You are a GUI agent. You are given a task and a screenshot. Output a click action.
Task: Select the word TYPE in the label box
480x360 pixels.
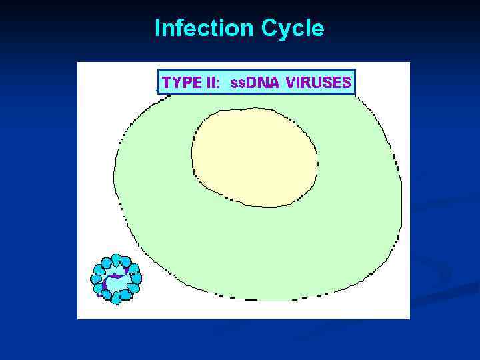pyautogui.click(x=181, y=83)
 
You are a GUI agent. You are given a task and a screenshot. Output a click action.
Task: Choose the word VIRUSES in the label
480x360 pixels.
pyautogui.click(x=318, y=83)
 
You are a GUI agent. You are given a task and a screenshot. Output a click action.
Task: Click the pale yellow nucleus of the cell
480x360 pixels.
pyautogui.click(x=254, y=157)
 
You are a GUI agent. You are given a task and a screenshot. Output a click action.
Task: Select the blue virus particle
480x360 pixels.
pyautogui.click(x=116, y=279)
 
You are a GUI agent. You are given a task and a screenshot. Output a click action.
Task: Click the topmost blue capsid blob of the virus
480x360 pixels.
pyautogui.click(x=117, y=259)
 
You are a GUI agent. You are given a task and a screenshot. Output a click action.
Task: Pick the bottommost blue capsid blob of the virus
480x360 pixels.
pyautogui.click(x=116, y=299)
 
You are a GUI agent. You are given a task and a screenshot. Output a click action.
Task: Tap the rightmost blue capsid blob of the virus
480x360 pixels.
pyautogui.click(x=137, y=278)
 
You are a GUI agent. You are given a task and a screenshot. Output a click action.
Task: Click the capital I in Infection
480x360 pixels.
pyautogui.click(x=157, y=29)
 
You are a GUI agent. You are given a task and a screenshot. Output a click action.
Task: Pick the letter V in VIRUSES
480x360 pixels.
pyautogui.click(x=291, y=83)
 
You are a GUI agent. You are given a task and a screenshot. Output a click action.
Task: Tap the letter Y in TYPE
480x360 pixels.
pyautogui.click(x=177, y=83)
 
